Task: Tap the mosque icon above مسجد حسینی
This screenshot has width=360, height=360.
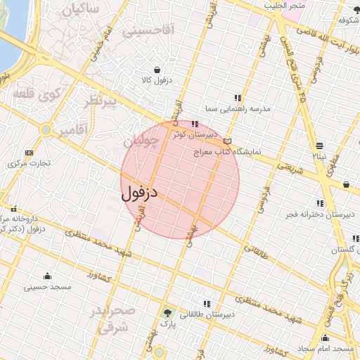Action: click(x=48, y=276)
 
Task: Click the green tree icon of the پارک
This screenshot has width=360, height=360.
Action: click(x=167, y=313)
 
